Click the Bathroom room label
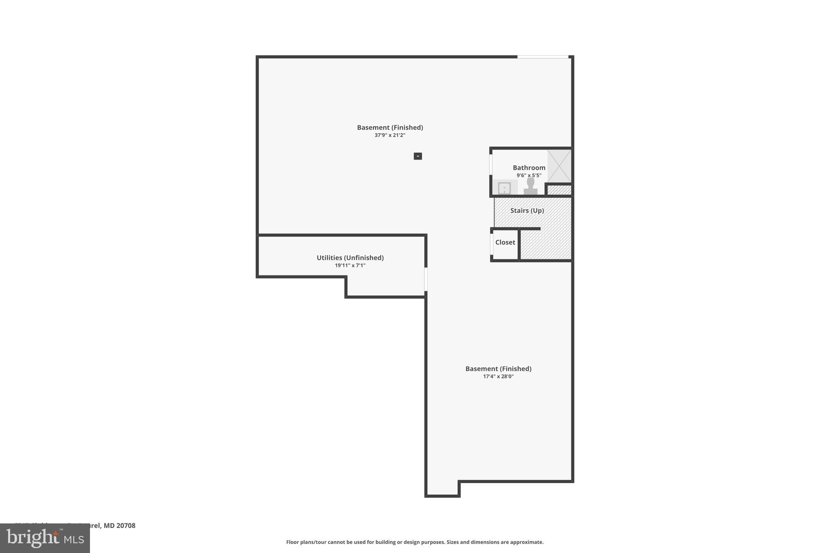529,168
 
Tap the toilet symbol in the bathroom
530,187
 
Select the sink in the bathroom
504,188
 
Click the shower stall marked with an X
559,166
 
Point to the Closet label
505,242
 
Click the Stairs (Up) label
527,211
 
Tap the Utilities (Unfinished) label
350,258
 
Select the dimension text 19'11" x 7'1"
350,266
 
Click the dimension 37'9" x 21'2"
389,135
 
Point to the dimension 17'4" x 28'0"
498,376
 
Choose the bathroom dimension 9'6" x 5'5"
528,175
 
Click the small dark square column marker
418,156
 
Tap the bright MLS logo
45,538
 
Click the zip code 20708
126,525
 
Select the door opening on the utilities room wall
426,279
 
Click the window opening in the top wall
543,57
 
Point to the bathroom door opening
491,164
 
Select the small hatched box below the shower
559,190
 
